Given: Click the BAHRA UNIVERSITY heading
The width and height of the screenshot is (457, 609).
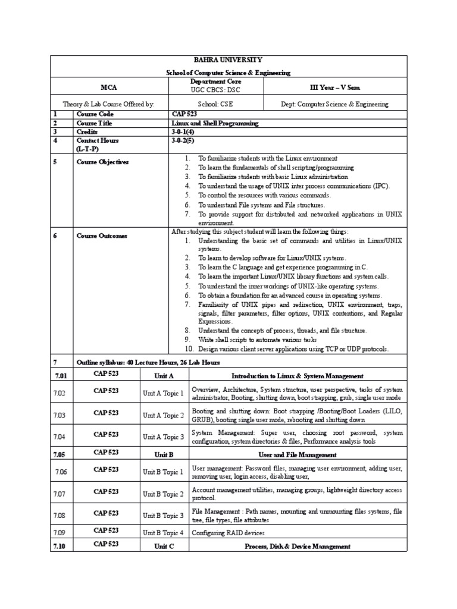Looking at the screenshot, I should [228, 60].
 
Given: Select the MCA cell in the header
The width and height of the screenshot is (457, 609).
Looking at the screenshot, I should [108, 87].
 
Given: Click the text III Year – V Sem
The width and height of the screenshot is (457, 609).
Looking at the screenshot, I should [334, 87].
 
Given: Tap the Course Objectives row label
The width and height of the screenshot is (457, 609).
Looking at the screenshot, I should [102, 162].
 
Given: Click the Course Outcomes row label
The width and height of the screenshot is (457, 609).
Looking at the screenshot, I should [102, 236].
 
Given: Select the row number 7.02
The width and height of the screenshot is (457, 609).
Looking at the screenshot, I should [60, 393].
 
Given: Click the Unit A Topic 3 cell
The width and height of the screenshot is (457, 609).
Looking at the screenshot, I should [164, 437].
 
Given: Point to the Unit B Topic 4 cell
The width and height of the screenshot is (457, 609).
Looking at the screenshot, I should [164, 532].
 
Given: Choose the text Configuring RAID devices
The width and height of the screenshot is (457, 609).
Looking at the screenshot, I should [228, 533].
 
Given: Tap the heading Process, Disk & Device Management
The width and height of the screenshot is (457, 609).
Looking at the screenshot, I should [298, 546].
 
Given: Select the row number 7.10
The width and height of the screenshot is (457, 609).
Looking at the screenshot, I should [60, 545].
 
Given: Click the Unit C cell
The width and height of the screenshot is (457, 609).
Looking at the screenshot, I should [164, 546].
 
